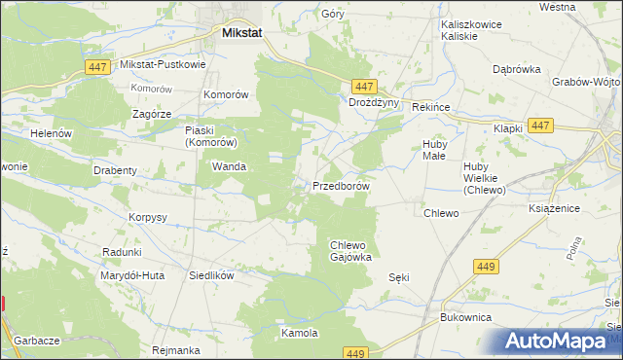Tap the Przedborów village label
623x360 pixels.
pos(341,185)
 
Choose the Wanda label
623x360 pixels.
pos(229,166)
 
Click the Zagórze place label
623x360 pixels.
pos(152,113)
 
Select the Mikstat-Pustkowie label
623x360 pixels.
pos(163,65)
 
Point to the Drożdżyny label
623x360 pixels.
pos(375,101)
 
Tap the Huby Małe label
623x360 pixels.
pos(433,151)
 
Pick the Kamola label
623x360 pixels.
pos(300,333)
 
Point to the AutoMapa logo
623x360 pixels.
pos(556,341)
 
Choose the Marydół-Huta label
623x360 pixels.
pos(131,275)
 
